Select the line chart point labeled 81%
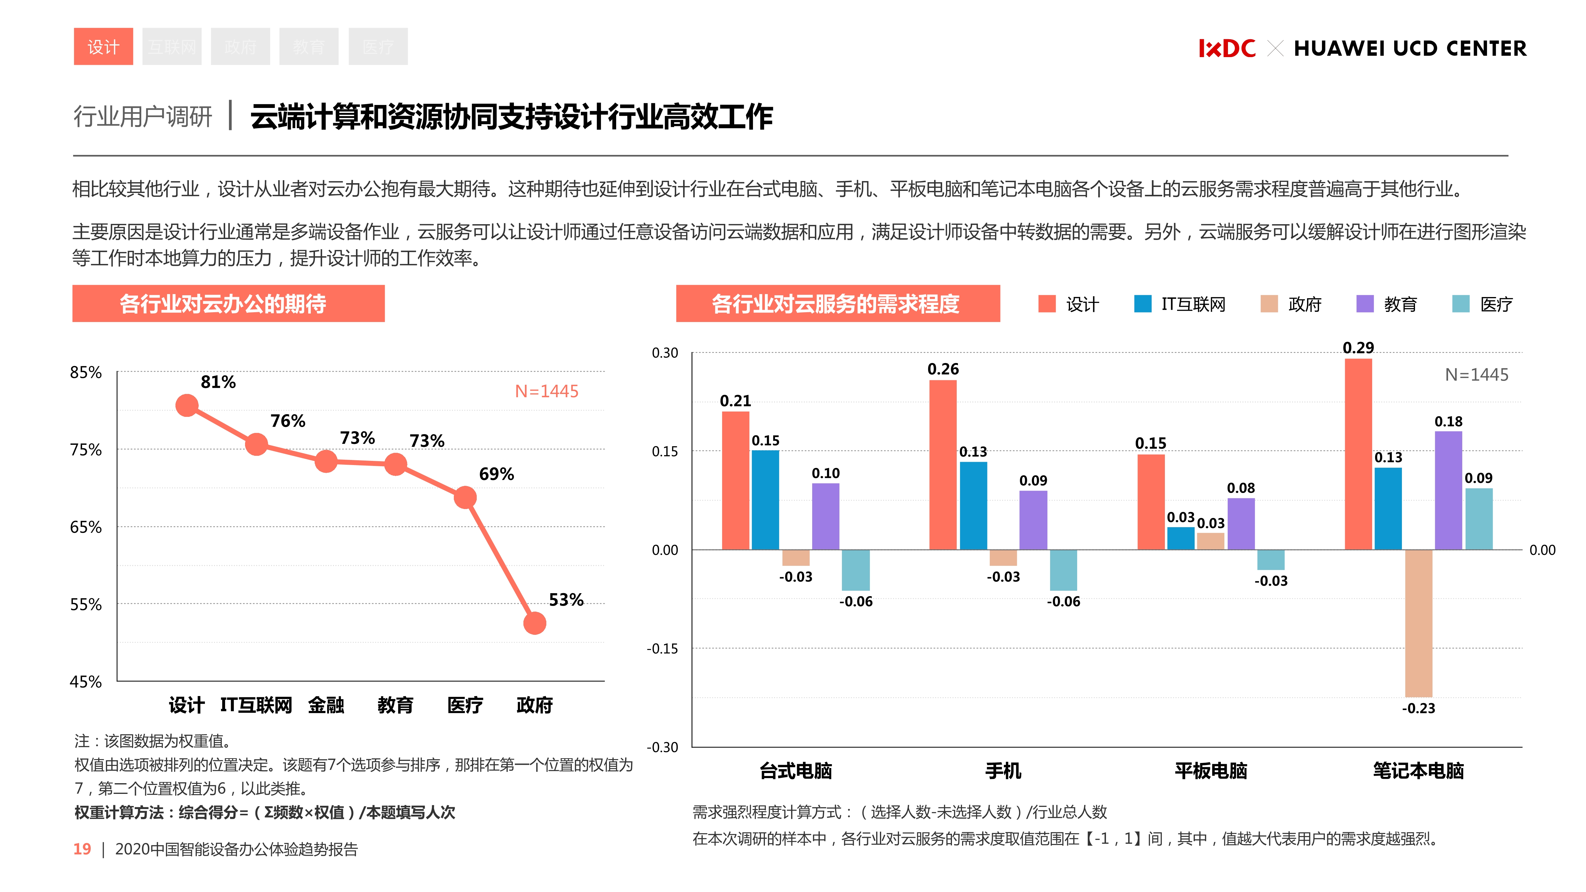pos(186,405)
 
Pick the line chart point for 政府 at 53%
pos(534,623)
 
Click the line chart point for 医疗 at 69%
pos(465,497)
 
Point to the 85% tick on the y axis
pos(86,373)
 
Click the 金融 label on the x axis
pos(326,705)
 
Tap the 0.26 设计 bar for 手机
pos(943,465)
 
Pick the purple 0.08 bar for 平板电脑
pos(1241,523)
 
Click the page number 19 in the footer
pos(82,849)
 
